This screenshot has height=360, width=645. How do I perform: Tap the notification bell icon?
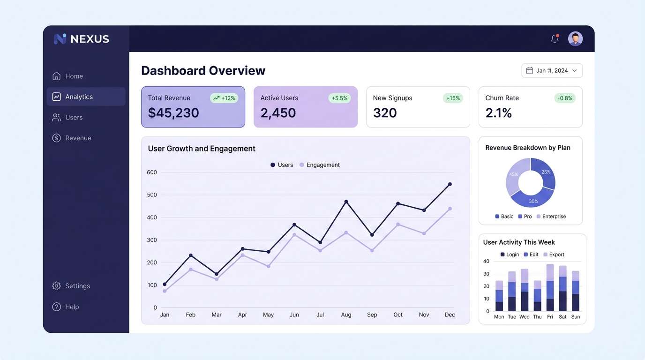pos(555,39)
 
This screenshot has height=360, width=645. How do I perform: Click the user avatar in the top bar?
pos(575,39)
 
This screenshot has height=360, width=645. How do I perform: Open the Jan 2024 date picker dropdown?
pos(552,70)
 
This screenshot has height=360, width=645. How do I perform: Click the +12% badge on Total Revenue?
pos(224,98)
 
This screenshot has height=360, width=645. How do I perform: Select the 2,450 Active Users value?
pos(278,113)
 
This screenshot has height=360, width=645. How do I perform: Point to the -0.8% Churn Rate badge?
pos(564,98)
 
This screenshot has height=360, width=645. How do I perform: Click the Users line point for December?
pos(450,184)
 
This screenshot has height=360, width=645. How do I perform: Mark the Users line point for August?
pos(346,202)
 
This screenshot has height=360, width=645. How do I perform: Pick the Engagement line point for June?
pos(294,234)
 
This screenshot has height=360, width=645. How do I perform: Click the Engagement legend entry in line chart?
pos(320,165)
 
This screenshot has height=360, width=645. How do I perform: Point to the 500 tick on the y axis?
pos(152,195)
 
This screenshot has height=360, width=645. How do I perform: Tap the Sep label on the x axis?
pos(372,315)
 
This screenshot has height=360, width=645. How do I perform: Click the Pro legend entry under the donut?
pos(525,217)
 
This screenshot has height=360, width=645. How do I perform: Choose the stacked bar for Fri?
pos(550,288)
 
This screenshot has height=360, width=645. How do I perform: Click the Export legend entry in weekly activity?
pos(554,255)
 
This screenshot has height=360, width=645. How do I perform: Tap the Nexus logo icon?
pos(60,39)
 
